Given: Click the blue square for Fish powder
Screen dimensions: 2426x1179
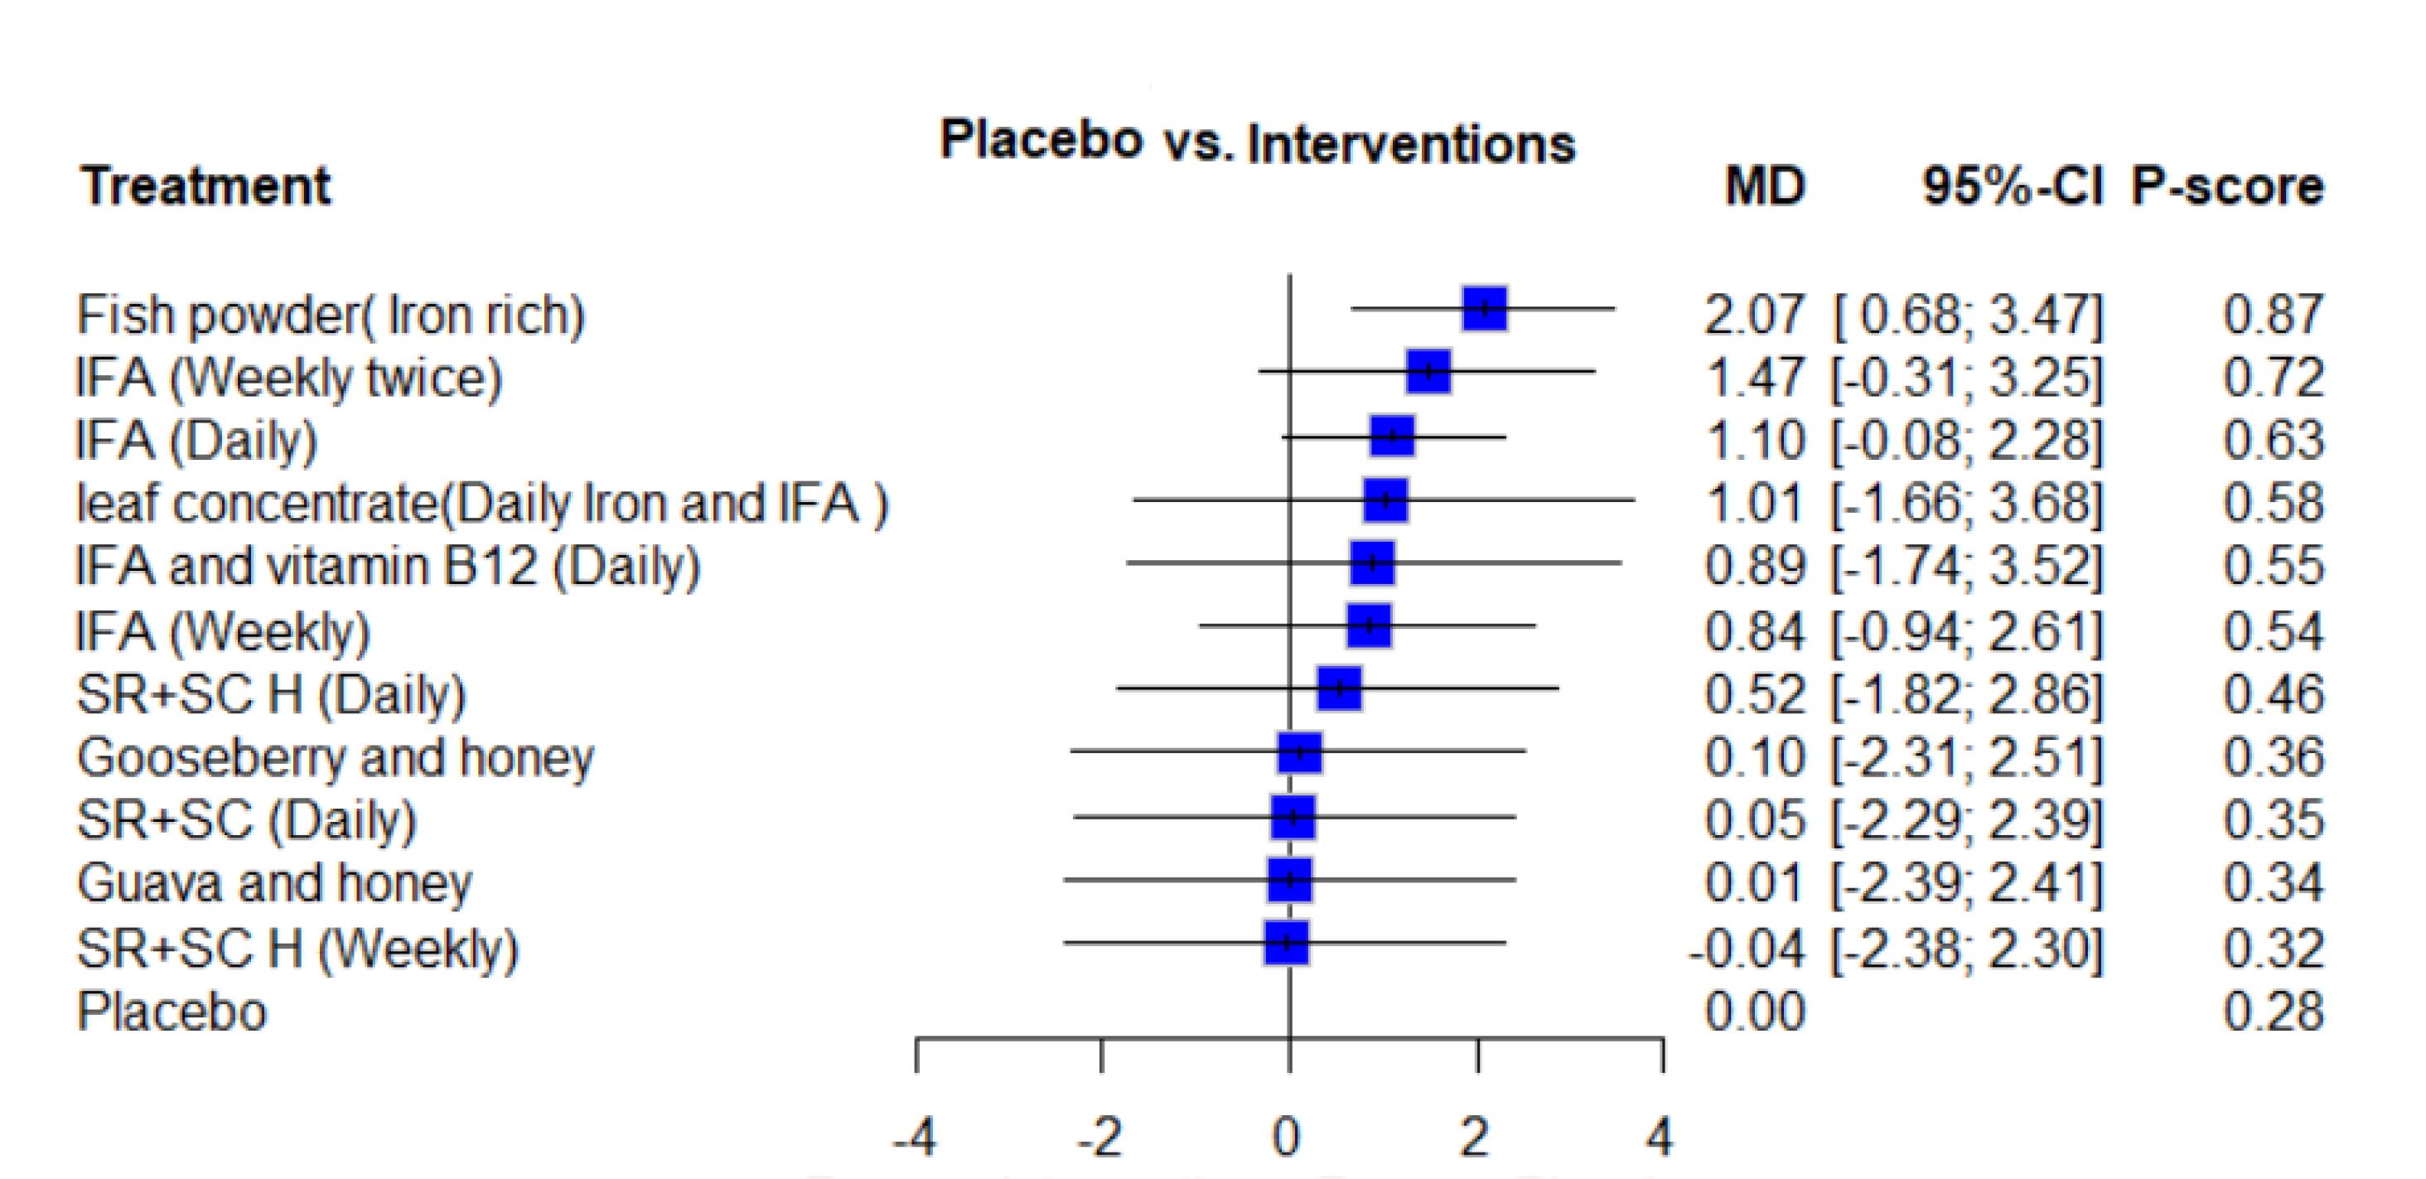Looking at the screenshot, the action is tap(1484, 308).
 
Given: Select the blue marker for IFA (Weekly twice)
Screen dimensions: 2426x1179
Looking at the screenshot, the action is tap(1428, 371).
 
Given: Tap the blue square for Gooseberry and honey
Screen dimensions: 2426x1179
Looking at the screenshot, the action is tap(1300, 752).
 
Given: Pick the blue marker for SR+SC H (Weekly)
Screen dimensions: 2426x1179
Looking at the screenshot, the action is tap(1286, 942).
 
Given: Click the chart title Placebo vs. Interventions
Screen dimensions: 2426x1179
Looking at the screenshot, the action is tap(1257, 143).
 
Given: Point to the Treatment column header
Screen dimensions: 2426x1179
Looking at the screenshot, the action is tap(205, 186).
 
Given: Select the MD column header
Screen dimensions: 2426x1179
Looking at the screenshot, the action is tap(1764, 186).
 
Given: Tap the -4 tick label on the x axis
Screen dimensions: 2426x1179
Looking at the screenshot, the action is tap(915, 1137).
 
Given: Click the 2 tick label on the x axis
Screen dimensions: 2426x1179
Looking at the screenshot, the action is tap(1475, 1137).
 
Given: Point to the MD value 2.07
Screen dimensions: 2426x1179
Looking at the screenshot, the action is tap(1755, 315).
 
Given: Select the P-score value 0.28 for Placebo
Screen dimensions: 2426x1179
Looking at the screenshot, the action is tap(2274, 1012).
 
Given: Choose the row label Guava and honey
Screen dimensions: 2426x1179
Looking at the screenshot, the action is tap(274, 883).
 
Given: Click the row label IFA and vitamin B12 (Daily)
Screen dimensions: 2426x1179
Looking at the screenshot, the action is tap(388, 567).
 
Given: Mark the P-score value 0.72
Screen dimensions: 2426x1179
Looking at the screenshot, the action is tap(2274, 378).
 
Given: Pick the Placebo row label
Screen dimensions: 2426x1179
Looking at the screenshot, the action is tap(172, 1012).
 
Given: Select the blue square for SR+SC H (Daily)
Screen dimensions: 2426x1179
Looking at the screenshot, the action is tap(1339, 689).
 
